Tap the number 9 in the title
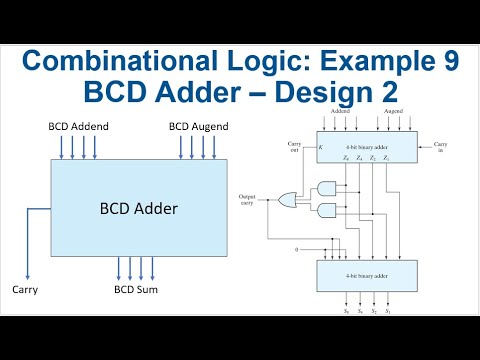(x=448, y=61)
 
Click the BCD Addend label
(x=79, y=128)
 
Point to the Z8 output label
(x=345, y=158)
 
